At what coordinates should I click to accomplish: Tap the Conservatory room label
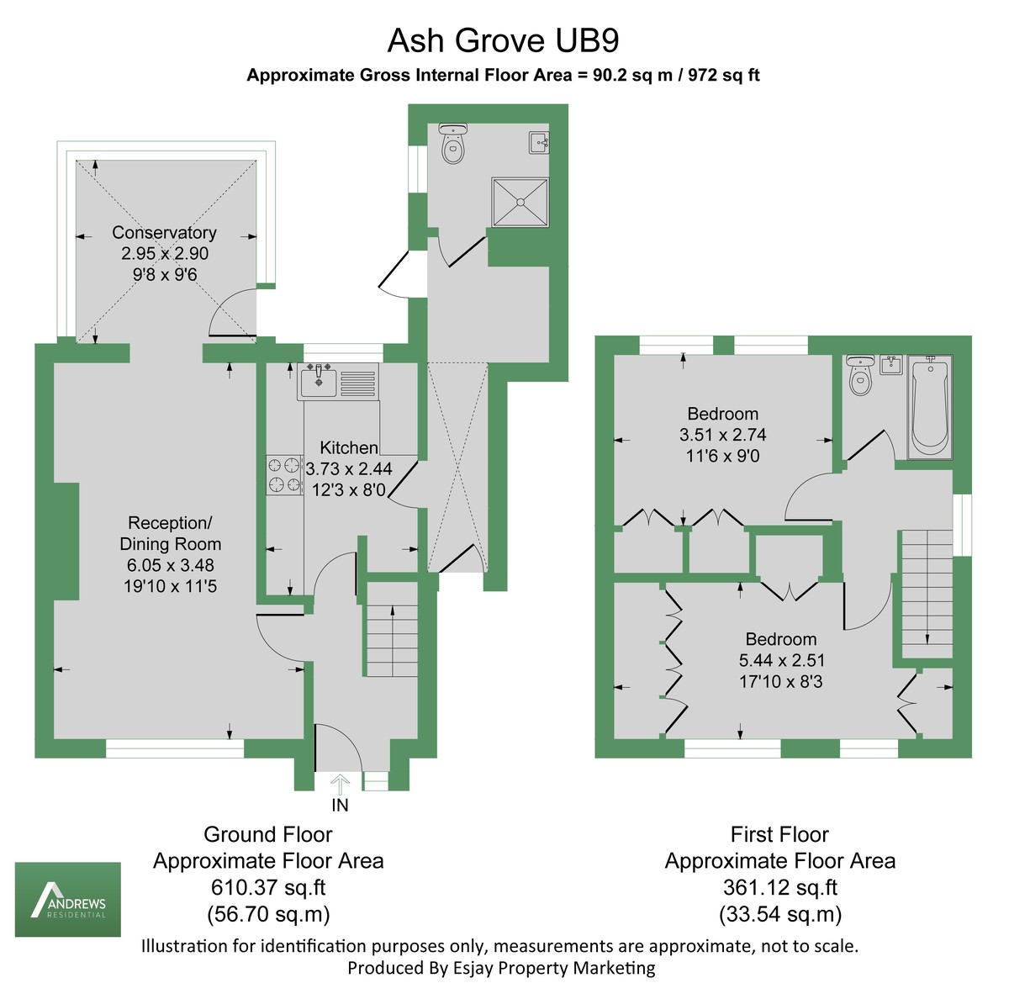point(164,233)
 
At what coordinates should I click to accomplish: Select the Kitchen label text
point(348,448)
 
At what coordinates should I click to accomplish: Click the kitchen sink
point(320,383)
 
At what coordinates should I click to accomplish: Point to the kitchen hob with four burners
point(284,474)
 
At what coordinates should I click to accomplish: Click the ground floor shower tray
point(520,202)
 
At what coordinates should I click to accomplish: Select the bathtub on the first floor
point(928,406)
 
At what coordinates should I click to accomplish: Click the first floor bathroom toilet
point(859,378)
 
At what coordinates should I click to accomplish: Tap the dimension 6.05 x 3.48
point(171,565)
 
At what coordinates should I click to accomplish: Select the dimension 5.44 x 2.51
point(780,661)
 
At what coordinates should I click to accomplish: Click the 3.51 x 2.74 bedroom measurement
point(722,435)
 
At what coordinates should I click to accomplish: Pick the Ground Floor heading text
point(268,835)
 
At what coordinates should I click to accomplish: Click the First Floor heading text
point(779,835)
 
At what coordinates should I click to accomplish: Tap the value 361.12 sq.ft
point(779,887)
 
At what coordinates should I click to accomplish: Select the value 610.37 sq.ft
point(268,887)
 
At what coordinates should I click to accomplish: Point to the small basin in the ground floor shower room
point(539,141)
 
